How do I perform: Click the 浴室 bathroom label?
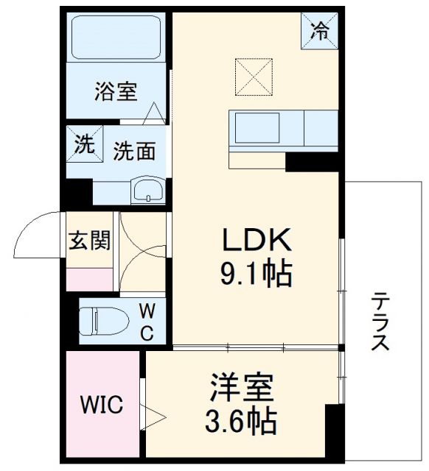coord(116,92)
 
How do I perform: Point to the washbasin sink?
coord(150,190)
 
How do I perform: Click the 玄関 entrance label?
coord(90,241)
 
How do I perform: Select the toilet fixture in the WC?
coord(103,320)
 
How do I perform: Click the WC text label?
coord(147,322)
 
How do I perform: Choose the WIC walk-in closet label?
coord(102,404)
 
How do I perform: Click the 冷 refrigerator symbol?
coord(320,31)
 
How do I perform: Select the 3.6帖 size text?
coord(241,422)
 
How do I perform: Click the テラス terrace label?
coord(380,322)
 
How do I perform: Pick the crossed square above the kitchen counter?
coord(254,77)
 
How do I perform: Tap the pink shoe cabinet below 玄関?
coord(90,279)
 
